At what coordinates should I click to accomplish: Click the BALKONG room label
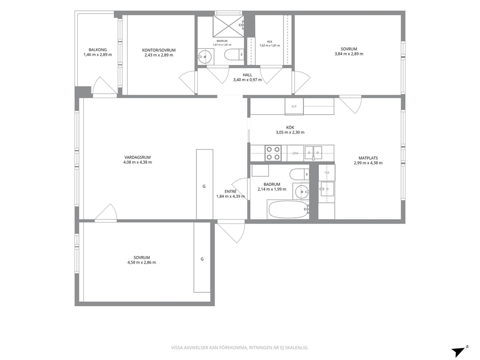click(x=98, y=50)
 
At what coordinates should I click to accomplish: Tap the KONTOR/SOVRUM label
click(x=159, y=50)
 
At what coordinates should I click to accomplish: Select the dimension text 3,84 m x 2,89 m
click(x=349, y=54)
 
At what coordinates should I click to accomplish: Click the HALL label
click(x=247, y=75)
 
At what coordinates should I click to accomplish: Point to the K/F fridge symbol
click(x=294, y=106)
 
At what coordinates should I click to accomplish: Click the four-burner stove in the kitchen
click(x=273, y=153)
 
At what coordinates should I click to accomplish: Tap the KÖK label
click(x=290, y=127)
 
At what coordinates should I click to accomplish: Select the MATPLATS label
click(x=368, y=158)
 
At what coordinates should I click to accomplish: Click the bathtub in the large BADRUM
click(x=287, y=210)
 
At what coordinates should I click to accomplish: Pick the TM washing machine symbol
click(x=327, y=173)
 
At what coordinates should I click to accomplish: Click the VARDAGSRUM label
click(x=137, y=157)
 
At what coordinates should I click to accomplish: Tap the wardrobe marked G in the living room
click(x=205, y=184)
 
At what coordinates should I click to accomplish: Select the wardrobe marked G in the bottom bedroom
click(x=202, y=257)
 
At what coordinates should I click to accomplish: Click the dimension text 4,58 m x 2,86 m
click(x=142, y=262)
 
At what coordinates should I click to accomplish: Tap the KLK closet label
click(x=270, y=42)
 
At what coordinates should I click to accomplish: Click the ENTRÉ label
click(x=230, y=192)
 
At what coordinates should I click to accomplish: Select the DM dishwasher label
click(x=296, y=153)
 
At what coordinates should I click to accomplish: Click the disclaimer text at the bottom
click(x=240, y=348)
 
